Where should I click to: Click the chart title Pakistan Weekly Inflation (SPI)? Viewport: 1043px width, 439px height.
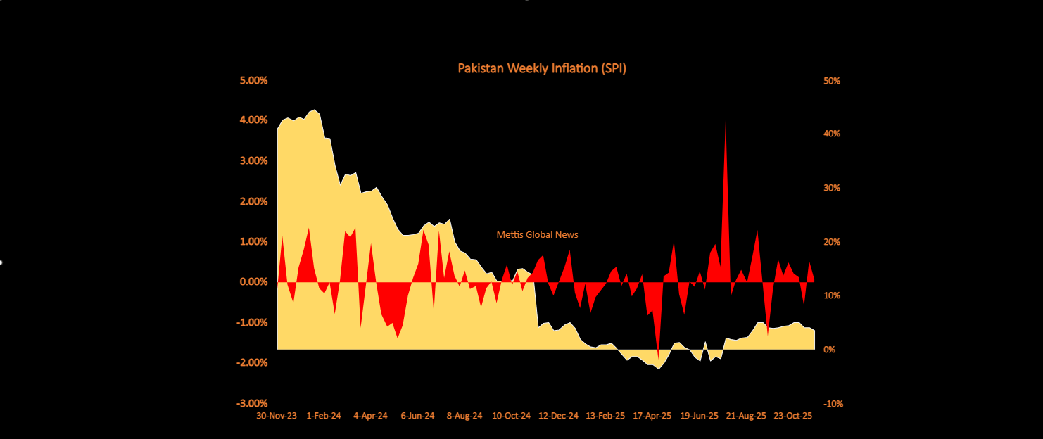tap(542, 68)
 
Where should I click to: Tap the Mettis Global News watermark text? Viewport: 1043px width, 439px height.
tap(538, 234)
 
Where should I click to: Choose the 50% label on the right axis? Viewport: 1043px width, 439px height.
tap(833, 81)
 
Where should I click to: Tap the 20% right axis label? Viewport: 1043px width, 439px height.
tap(833, 242)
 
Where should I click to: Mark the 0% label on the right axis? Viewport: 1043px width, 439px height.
tap(830, 350)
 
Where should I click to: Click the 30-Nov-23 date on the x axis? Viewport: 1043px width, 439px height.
tap(276, 416)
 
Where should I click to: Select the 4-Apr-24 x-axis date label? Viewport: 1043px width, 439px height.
tap(370, 416)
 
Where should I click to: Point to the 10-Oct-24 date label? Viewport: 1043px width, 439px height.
tap(511, 416)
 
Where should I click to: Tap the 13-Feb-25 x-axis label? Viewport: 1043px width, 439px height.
tap(606, 416)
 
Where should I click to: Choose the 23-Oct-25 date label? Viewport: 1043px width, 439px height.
tap(793, 416)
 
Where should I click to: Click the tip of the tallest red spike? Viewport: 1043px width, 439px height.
tap(726, 120)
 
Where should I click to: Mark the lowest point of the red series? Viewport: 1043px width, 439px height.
tap(658, 359)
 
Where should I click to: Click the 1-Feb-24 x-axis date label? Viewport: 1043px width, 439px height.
tap(324, 416)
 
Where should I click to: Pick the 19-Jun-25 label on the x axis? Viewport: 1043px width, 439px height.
tap(700, 416)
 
